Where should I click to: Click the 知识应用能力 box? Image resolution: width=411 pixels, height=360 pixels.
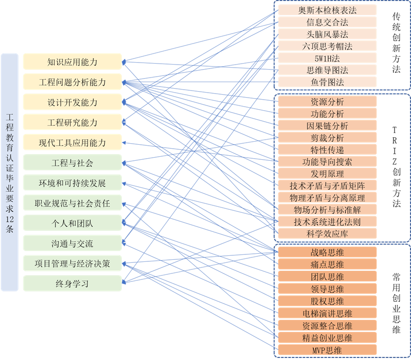click(x=72, y=62)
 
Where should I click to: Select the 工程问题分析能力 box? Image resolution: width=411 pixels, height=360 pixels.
click(x=72, y=82)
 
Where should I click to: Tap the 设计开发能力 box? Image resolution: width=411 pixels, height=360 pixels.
click(x=72, y=103)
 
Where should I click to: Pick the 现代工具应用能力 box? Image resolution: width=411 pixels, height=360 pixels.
click(x=72, y=143)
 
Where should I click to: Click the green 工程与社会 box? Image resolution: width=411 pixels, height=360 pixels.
click(x=72, y=163)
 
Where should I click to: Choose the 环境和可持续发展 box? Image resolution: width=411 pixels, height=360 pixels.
click(x=72, y=183)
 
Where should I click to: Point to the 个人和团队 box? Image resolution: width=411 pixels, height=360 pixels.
click(x=72, y=223)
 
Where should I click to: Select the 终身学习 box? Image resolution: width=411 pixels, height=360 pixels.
click(x=72, y=283)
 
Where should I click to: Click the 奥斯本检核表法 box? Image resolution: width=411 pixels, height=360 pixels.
click(x=327, y=11)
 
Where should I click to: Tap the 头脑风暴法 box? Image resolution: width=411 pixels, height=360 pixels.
click(x=327, y=35)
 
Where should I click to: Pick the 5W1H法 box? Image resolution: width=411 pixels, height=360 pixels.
click(x=327, y=58)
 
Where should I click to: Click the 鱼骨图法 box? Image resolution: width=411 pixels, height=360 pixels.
click(x=327, y=82)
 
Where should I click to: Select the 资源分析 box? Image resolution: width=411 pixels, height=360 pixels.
click(x=327, y=102)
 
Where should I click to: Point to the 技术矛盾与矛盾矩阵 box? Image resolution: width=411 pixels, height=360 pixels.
click(x=327, y=185)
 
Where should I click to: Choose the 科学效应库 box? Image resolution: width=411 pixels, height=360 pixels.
click(x=327, y=233)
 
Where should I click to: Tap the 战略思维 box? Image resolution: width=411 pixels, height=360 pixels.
click(x=327, y=253)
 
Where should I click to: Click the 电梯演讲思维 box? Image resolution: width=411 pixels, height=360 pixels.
click(x=327, y=313)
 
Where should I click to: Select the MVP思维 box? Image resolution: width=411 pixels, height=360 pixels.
click(x=327, y=349)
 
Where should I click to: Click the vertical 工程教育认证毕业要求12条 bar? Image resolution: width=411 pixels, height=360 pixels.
click(x=10, y=172)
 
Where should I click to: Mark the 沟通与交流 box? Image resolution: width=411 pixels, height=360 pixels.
click(x=72, y=243)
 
